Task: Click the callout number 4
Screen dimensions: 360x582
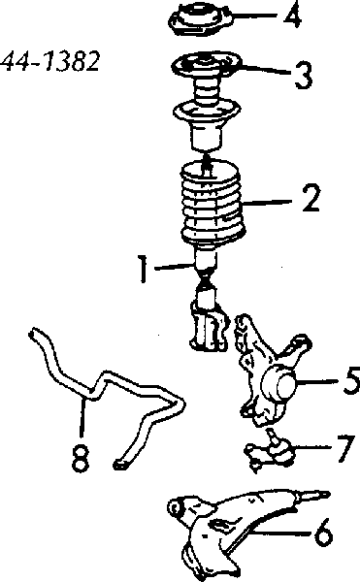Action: (x=292, y=16)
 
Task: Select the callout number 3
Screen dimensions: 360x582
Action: (x=303, y=76)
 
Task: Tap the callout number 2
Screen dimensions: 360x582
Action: (x=311, y=199)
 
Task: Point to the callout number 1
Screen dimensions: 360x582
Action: (x=143, y=268)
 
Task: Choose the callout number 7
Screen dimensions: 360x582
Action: (x=344, y=448)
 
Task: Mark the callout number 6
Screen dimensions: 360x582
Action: (x=323, y=533)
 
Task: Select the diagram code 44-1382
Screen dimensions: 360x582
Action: (x=50, y=61)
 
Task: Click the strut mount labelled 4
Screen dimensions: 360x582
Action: (x=201, y=20)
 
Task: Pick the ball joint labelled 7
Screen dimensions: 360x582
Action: (x=270, y=451)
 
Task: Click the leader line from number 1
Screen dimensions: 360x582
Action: (x=174, y=267)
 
